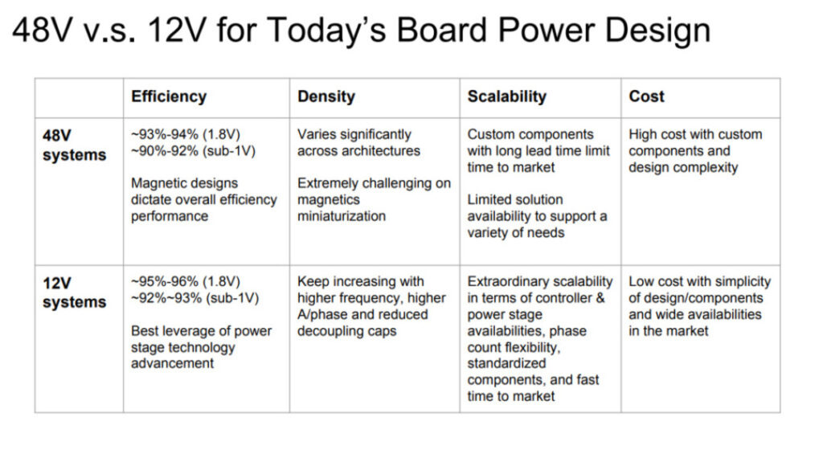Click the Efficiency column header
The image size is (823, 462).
coord(169,96)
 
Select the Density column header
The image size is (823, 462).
coord(326,96)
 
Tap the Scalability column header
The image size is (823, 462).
coord(507,96)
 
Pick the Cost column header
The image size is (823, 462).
coord(647,96)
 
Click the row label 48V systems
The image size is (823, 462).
coord(74,145)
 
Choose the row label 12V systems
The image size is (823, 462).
coord(74,292)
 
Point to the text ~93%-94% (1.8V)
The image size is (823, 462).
coord(186,135)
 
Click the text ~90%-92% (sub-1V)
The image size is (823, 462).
coord(193,151)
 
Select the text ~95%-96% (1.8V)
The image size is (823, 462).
coord(186,282)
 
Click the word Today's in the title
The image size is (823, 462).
coord(327,30)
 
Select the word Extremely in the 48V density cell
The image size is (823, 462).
coord(330,183)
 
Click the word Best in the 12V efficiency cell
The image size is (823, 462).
coord(144,331)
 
